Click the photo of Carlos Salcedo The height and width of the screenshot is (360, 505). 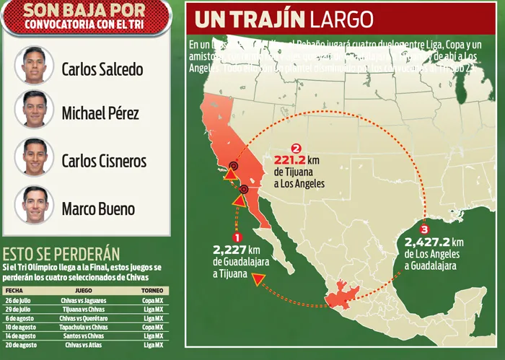click(x=33, y=65)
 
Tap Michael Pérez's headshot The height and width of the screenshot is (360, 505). click(x=33, y=110)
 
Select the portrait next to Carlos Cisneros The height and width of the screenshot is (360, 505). click(x=33, y=157)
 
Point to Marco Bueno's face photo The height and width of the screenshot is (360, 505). click(x=33, y=205)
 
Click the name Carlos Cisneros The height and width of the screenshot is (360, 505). click(x=104, y=161)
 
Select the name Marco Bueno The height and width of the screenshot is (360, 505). click(x=98, y=209)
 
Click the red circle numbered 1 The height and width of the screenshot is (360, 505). click(x=237, y=235)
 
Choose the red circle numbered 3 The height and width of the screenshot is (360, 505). click(x=423, y=229)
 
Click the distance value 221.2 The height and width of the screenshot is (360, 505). click(x=294, y=161)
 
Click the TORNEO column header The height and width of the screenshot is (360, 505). click(x=151, y=290)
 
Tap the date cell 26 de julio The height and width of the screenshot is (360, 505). click(x=19, y=300)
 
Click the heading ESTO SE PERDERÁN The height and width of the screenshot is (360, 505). click(x=61, y=254)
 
